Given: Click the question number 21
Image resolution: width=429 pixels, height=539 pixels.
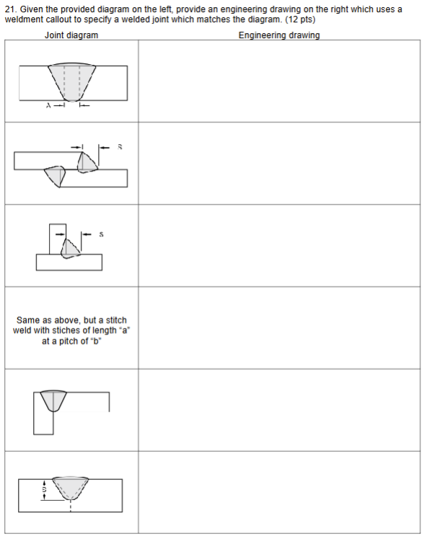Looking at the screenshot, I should [9, 9].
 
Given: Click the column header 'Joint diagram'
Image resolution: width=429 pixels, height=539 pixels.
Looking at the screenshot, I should [71, 35].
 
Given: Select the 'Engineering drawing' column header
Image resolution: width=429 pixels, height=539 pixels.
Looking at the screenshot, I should [279, 35].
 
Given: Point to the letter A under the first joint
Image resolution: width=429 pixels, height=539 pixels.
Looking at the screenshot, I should [49, 107].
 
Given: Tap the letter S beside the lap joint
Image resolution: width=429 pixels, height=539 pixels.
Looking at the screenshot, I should [120, 146].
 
